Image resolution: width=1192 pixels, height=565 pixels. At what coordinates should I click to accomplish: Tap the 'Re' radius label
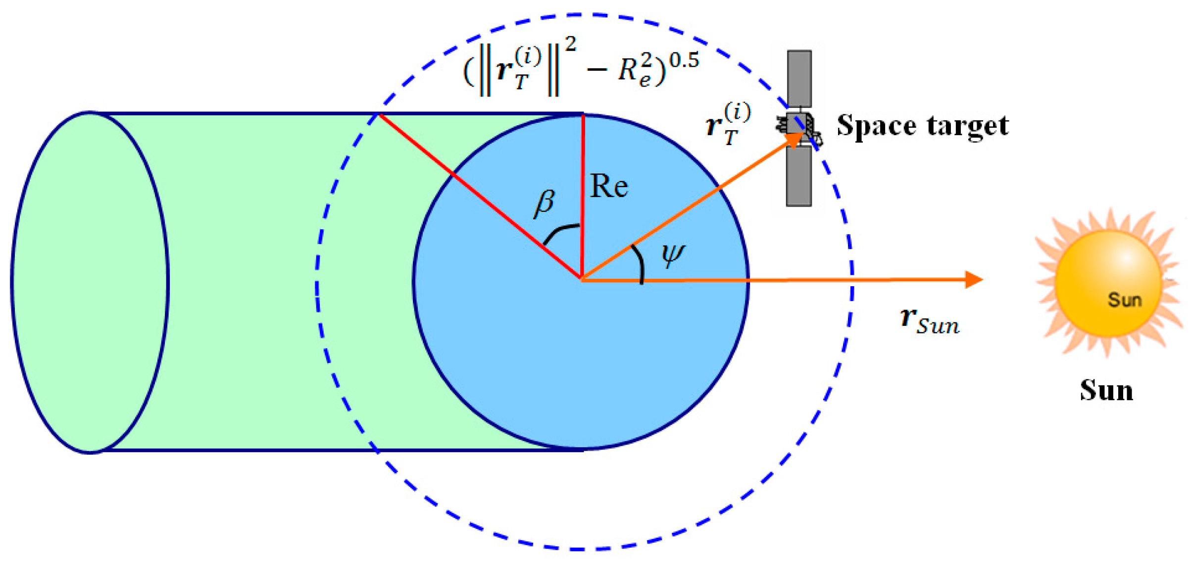point(609,187)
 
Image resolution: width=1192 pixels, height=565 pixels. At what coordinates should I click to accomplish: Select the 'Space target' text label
point(922,126)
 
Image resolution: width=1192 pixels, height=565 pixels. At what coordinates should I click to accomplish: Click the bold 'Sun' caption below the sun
point(1106,391)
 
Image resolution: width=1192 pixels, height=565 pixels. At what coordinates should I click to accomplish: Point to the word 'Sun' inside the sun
point(1124,300)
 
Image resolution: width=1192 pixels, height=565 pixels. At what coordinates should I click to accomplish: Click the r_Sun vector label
point(930,320)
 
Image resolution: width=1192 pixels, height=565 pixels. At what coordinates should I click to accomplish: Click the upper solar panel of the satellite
point(799,78)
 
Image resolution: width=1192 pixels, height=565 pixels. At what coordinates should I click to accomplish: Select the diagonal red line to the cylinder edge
point(475,193)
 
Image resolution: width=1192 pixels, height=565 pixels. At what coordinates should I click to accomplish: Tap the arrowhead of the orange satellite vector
point(795,139)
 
